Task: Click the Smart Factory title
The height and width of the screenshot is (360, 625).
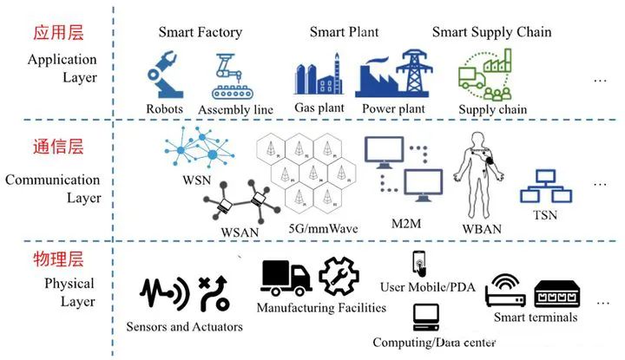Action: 200,33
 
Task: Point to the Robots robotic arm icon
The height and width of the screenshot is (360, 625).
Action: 164,76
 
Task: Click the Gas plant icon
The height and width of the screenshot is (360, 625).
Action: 319,77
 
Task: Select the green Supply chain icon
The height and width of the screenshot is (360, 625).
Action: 486,76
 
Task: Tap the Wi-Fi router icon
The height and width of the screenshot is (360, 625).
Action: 505,292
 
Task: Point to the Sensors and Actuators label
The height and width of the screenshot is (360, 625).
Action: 184,327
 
